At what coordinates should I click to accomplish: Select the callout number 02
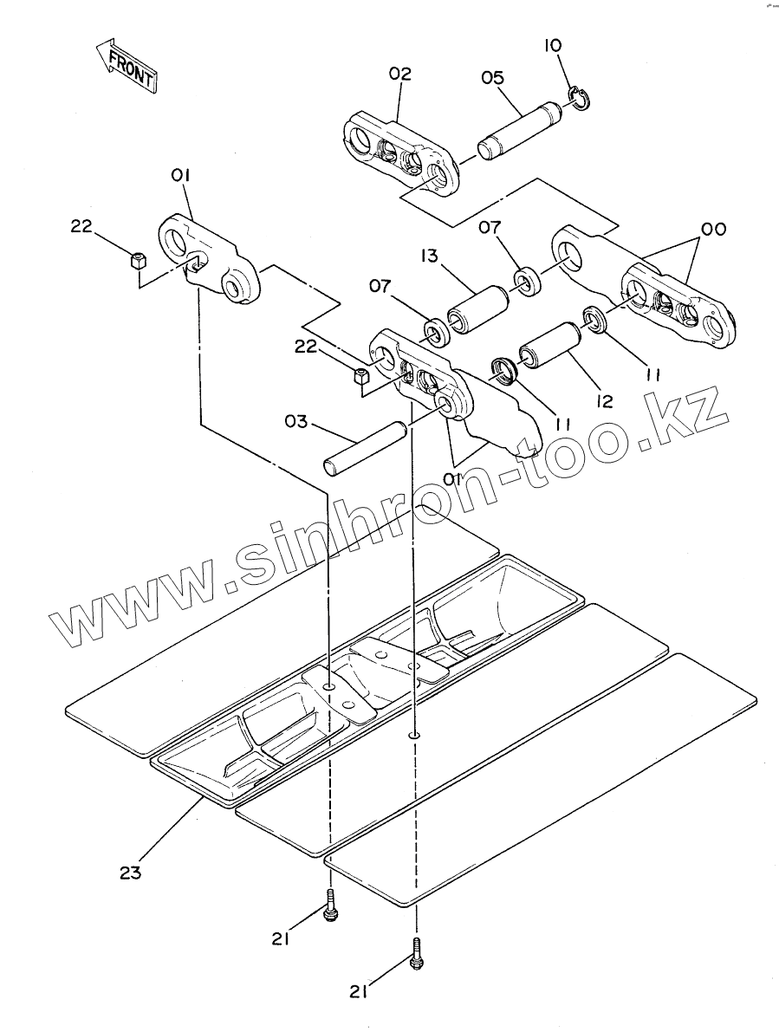pos(399,75)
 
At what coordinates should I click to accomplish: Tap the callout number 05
pos(493,78)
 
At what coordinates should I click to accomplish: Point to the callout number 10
pos(552,45)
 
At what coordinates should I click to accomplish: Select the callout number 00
pos(714,230)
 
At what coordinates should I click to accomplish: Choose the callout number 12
pos(604,400)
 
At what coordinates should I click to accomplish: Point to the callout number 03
pos(296,422)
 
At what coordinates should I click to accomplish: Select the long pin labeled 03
pos(364,447)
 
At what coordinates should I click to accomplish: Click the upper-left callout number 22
pos(81,226)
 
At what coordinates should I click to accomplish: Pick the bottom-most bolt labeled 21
pos(417,951)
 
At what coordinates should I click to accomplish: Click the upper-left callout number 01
pos(180,177)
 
